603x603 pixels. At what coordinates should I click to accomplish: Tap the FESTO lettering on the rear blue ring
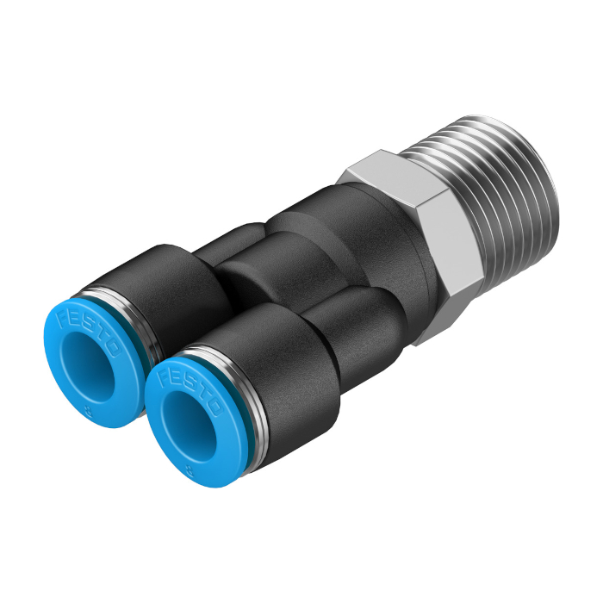pos(90,328)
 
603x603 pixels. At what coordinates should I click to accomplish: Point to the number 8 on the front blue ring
pos(190,469)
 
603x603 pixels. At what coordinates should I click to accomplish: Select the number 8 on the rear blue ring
pos(90,413)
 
